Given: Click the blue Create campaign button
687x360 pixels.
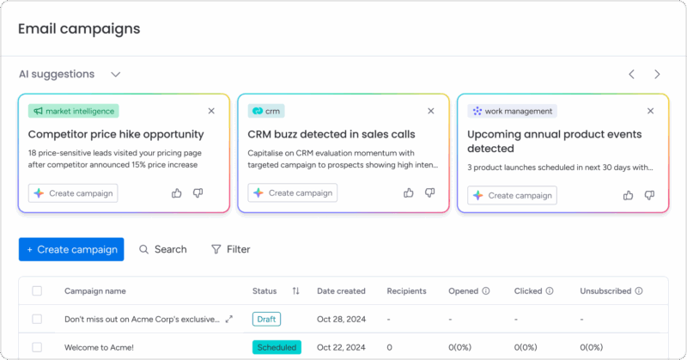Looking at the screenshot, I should coord(71,249).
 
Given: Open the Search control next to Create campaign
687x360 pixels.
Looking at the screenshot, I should coord(162,249).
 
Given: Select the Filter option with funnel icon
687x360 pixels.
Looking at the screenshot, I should coord(230,249).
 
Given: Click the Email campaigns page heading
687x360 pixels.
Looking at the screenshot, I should coord(79,28).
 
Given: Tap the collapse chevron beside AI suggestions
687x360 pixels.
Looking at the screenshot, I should coord(116,75).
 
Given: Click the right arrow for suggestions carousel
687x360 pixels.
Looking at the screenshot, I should coord(657,75).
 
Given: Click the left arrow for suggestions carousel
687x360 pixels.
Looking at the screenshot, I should coord(631,75).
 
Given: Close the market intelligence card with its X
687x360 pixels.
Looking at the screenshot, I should coord(211,111).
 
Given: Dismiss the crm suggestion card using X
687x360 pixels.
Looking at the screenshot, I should coord(431,111).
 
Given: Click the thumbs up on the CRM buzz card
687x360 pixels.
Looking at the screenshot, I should coord(409,193).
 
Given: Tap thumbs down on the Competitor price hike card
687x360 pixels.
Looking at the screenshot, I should coord(198,193).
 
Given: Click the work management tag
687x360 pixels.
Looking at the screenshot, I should coord(512,111).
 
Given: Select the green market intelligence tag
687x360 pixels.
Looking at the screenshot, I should coord(73,111).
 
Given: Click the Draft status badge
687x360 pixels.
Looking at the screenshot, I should coord(266,319).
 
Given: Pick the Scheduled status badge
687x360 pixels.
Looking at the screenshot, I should coord(277,347).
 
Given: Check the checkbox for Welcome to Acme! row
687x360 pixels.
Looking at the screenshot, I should coord(37,347).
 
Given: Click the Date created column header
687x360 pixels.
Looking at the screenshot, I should coord(341,291).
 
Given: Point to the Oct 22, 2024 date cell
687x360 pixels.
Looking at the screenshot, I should coord(341,347).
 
